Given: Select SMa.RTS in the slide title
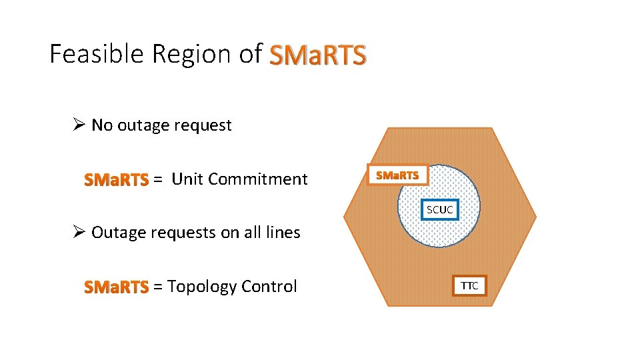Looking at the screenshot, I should [317, 55].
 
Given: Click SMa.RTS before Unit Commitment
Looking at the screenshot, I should [116, 179].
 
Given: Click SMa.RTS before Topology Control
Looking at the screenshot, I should [116, 287].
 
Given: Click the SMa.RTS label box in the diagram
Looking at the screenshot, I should [397, 175].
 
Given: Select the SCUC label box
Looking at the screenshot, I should [440, 209].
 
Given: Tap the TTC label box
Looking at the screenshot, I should [469, 286].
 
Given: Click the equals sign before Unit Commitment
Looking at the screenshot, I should [157, 179].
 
